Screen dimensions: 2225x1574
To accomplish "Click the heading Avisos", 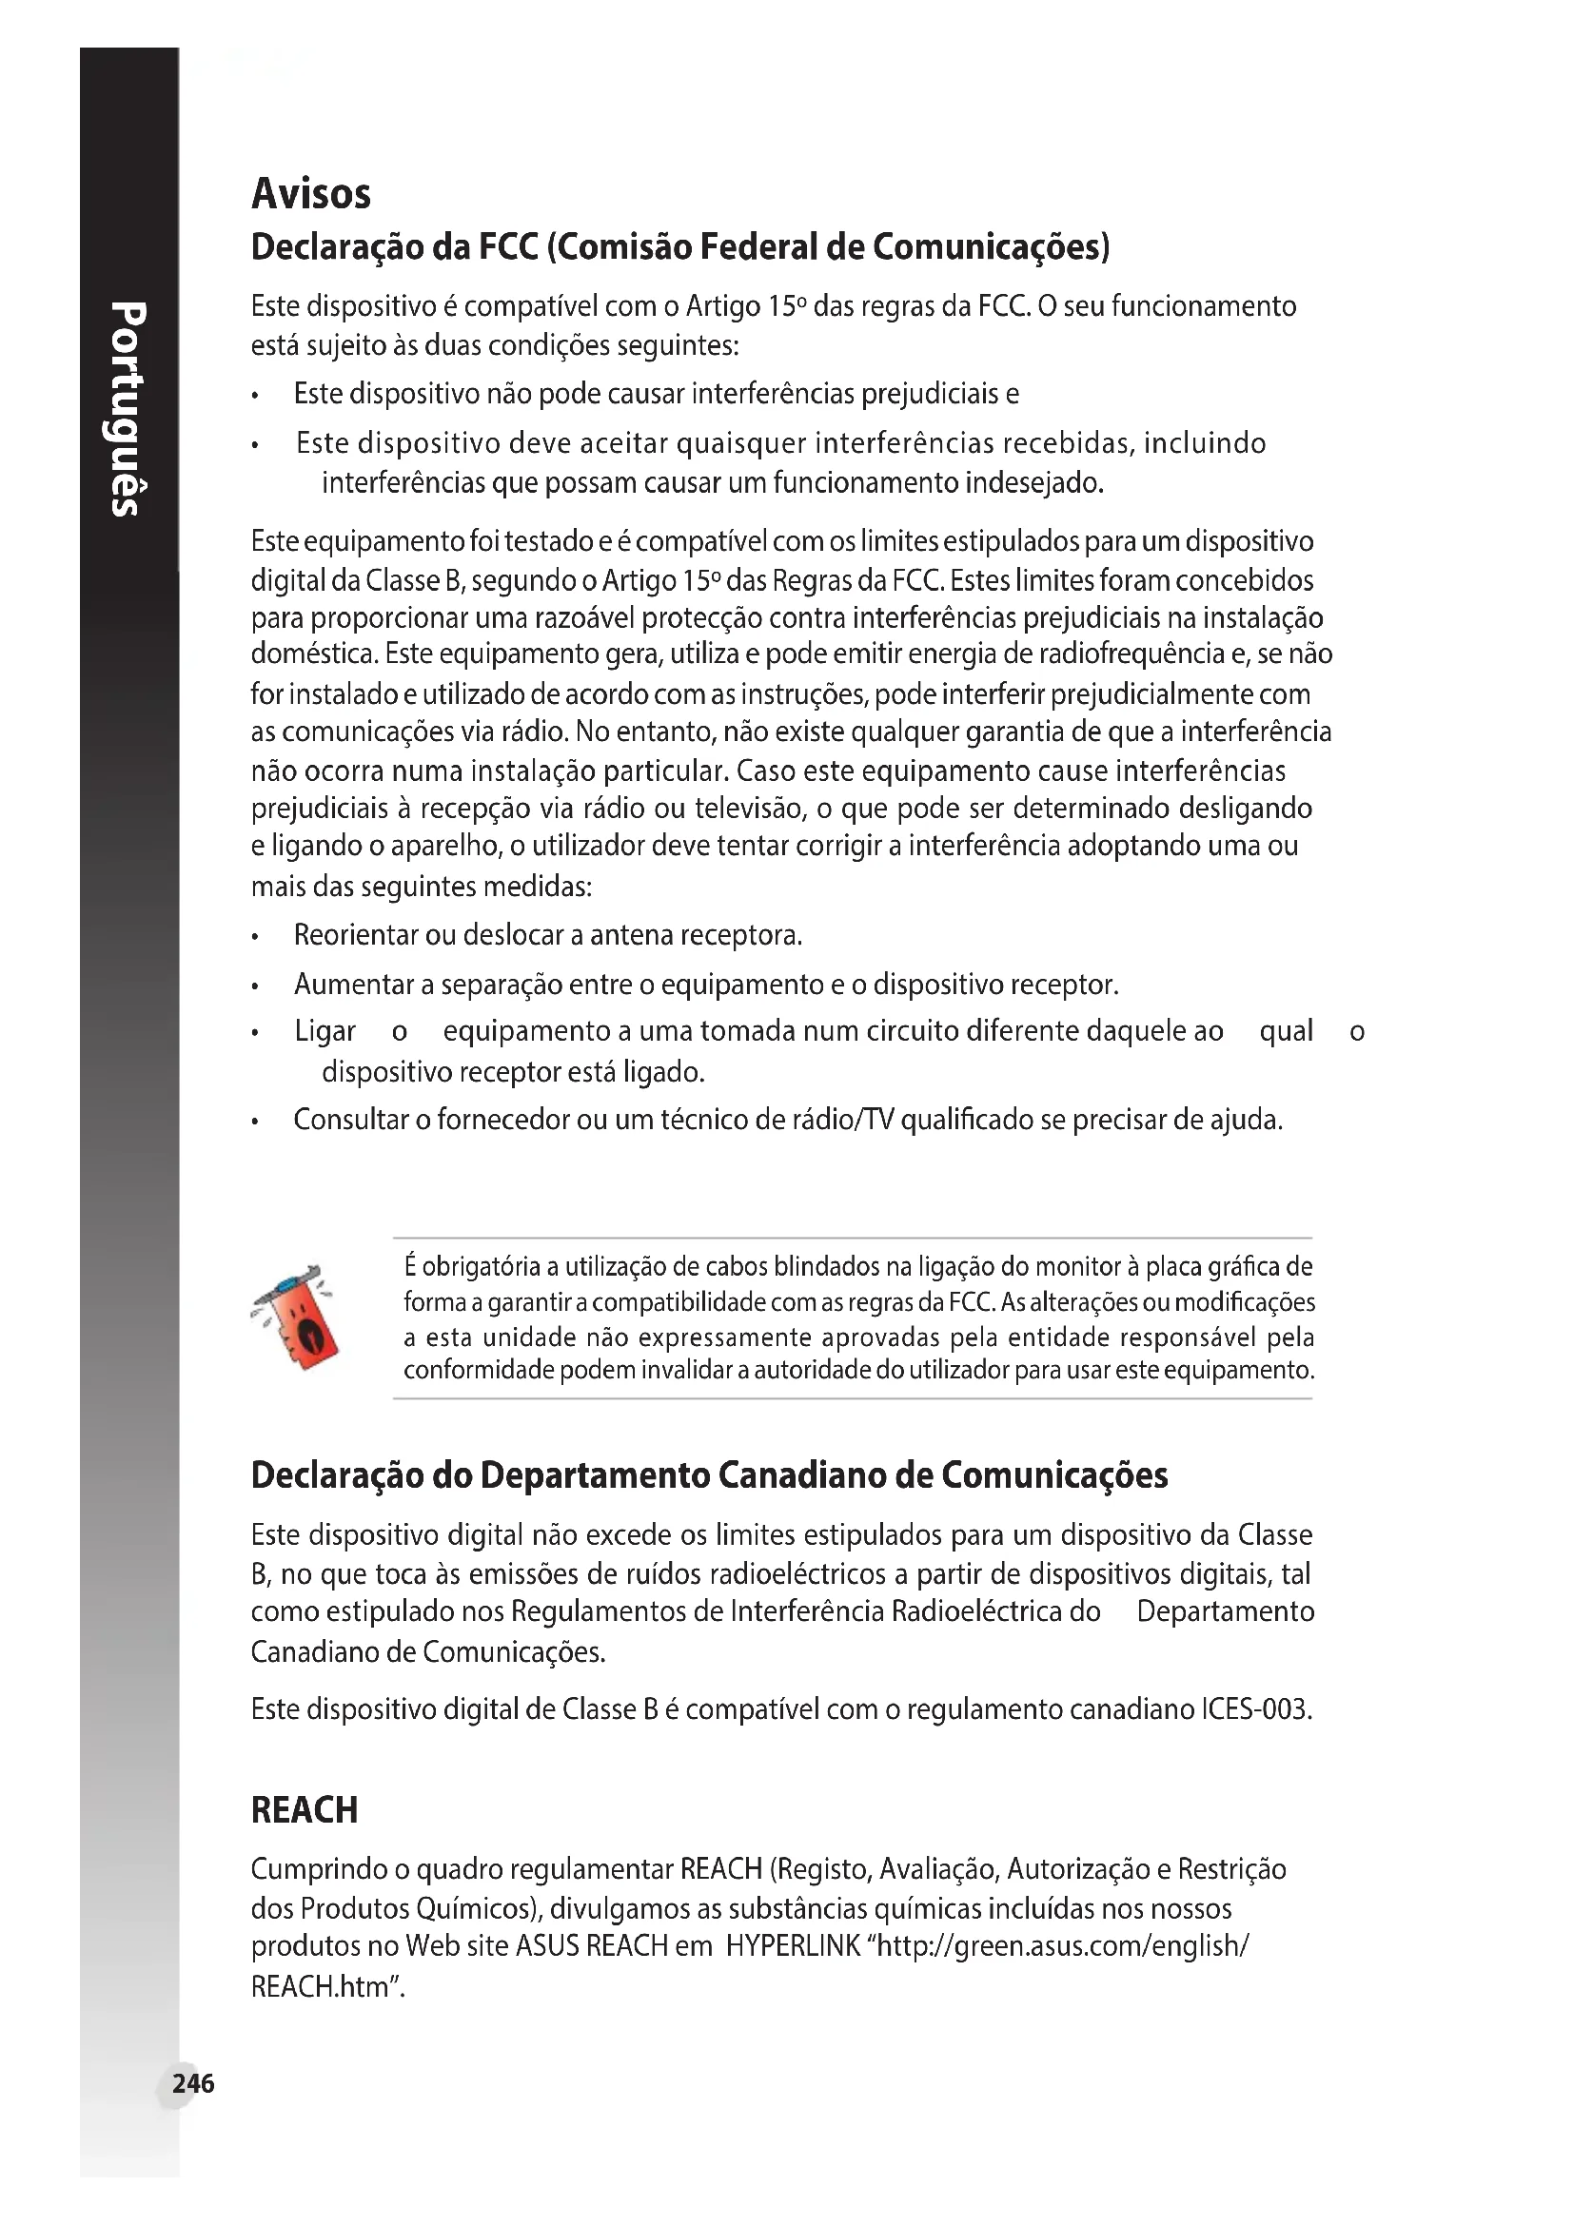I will click(x=310, y=194).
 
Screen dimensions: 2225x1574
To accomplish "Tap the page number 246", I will click(x=193, y=2083).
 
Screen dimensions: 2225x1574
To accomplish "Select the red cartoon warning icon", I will click(x=297, y=1317).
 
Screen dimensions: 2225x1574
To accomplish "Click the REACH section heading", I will click(x=305, y=1810).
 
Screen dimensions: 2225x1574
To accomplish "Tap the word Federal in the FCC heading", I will click(x=757, y=248).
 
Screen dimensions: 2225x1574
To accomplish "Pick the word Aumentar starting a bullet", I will click(x=354, y=985).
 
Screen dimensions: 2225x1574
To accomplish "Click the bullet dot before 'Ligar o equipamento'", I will click(x=255, y=1033).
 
